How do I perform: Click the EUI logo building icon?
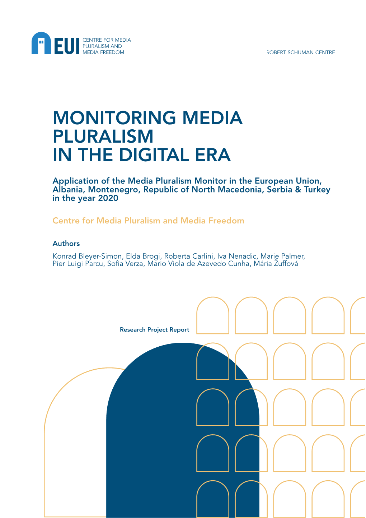pyautogui.click(x=41, y=43)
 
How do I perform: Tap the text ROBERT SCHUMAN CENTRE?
pyautogui.click(x=300, y=52)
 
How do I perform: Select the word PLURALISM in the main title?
pyautogui.click(x=103, y=137)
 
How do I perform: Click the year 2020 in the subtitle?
pyautogui.click(x=108, y=198)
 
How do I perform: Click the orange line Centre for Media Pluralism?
pyautogui.click(x=148, y=221)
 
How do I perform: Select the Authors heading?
pyautogui.click(x=66, y=244)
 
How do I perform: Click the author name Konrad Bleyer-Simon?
pyautogui.click(x=88, y=256)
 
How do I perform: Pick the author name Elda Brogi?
pyautogui.click(x=143, y=256)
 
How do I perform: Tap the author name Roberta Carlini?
pyautogui.click(x=189, y=256)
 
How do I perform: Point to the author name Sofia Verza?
pyautogui.click(x=125, y=264)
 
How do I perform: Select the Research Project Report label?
pyautogui.click(x=154, y=330)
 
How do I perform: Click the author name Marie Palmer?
pyautogui.click(x=282, y=256)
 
